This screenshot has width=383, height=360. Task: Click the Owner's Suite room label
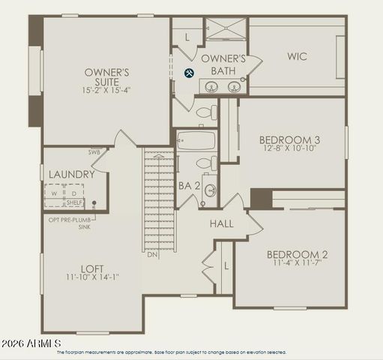tap(107, 77)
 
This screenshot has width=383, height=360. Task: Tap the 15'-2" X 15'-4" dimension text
tap(107, 90)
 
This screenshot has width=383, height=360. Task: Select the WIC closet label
tap(297, 56)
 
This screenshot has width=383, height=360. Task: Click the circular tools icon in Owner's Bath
tap(190, 73)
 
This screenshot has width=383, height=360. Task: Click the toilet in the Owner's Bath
tap(203, 112)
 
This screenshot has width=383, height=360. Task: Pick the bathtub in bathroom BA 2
tap(196, 140)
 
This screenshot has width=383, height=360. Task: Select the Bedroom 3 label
tap(289, 139)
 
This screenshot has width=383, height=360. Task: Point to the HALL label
tap(221, 223)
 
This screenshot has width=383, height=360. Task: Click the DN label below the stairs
tap(151, 254)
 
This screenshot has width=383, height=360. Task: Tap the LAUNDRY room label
tap(71, 175)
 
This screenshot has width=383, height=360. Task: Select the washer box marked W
tap(54, 193)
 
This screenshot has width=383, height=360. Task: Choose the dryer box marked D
tap(73, 193)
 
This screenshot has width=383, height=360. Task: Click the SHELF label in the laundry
tap(74, 202)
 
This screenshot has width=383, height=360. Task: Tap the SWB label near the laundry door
tap(94, 152)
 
